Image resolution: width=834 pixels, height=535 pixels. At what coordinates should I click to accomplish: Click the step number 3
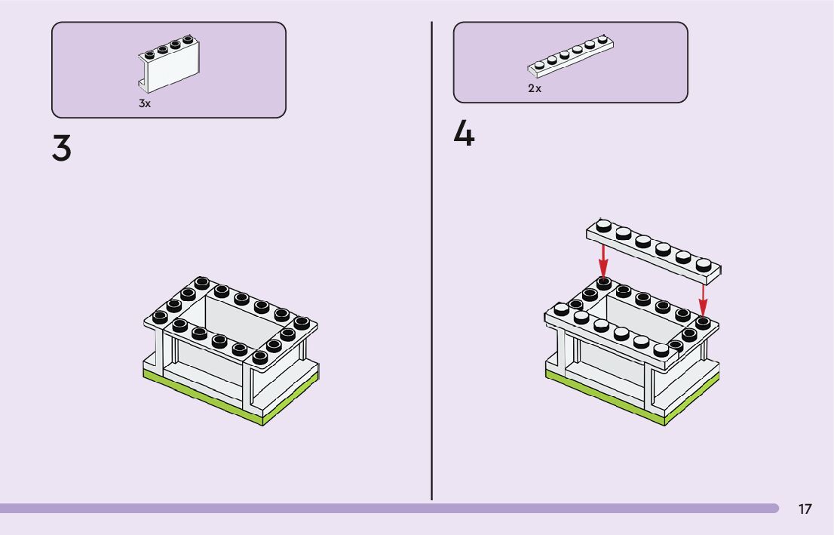click(62, 148)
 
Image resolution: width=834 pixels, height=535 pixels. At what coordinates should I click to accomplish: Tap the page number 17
click(805, 509)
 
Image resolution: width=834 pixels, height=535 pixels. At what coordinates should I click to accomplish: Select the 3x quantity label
click(145, 103)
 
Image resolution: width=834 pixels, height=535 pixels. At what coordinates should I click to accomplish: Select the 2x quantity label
click(534, 88)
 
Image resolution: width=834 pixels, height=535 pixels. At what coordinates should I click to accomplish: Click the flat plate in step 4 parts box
click(569, 57)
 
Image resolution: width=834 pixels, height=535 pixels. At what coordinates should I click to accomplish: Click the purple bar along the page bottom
click(377, 509)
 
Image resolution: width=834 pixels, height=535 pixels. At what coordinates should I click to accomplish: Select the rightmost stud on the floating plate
click(703, 264)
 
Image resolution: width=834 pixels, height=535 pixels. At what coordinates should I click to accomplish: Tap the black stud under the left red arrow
click(603, 282)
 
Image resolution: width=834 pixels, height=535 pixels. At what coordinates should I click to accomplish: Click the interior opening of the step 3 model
click(226, 317)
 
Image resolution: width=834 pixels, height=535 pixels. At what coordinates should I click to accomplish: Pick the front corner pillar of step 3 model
click(255, 385)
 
